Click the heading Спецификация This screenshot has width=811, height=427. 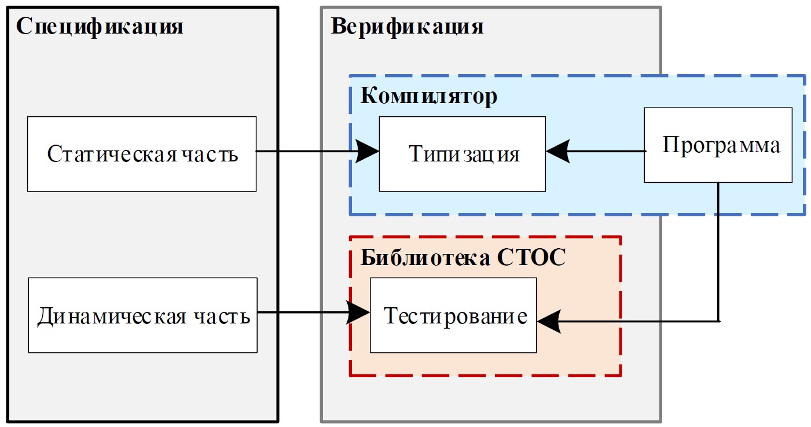tap(99, 27)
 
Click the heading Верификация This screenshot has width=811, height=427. tap(407, 27)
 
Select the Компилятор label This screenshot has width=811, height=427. tap(428, 96)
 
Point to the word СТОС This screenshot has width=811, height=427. tap(531, 258)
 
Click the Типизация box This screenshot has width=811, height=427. tap(462, 154)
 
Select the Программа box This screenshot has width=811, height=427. tap(718, 145)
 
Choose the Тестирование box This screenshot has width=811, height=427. tap(453, 315)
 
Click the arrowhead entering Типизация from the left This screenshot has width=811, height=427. tap(368, 152)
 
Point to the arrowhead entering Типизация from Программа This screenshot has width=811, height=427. tap(557, 152)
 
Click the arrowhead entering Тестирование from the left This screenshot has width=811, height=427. tap(359, 313)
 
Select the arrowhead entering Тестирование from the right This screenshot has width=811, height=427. tap(548, 321)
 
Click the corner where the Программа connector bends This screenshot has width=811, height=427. tap(718, 321)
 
